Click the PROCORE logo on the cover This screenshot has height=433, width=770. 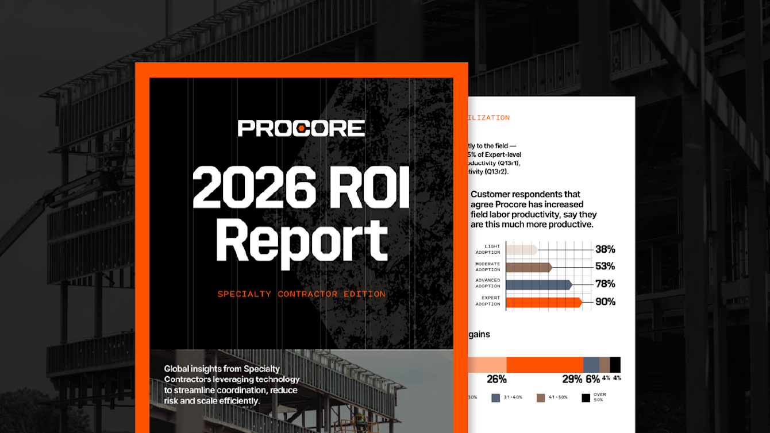(x=301, y=128)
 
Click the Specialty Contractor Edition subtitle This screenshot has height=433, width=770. (x=301, y=294)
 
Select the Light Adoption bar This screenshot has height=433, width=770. (x=521, y=250)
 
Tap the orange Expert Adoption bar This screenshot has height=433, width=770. (x=544, y=301)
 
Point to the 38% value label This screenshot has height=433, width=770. (x=605, y=249)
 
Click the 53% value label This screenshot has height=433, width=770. (x=605, y=266)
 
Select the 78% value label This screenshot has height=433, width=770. (x=605, y=284)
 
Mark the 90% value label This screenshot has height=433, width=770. (x=605, y=301)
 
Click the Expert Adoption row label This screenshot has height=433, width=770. (x=488, y=301)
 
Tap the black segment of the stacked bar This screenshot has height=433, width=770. (x=615, y=365)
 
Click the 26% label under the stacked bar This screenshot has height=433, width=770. (x=496, y=379)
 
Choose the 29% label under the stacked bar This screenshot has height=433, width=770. (x=572, y=379)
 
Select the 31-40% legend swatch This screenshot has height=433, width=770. (x=496, y=397)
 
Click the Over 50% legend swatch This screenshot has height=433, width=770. (x=586, y=397)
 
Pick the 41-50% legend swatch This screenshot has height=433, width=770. (x=541, y=397)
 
